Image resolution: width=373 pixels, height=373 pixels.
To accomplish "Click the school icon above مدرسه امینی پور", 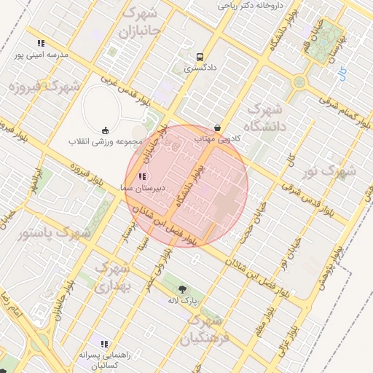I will (41, 43).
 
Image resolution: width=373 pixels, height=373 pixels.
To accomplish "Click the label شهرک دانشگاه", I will (269, 117).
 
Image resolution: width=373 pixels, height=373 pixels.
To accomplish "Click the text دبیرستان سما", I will (144, 187).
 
